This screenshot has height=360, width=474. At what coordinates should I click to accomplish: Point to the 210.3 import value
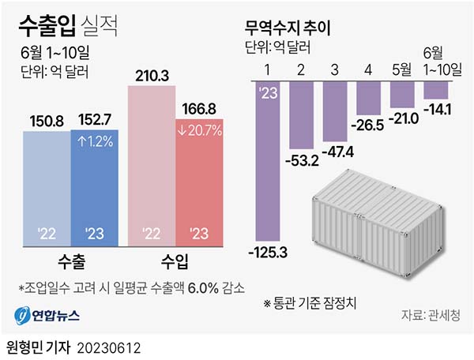pos(151,76)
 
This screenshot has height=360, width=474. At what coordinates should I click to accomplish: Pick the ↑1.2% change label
pos(94,143)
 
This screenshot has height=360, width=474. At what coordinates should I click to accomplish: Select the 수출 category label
pos(72,260)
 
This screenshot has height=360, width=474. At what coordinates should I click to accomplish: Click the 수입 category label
pos(175,260)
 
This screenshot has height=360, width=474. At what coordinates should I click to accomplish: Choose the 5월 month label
pos(401,69)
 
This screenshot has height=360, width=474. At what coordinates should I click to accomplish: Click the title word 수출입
pos(47,25)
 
